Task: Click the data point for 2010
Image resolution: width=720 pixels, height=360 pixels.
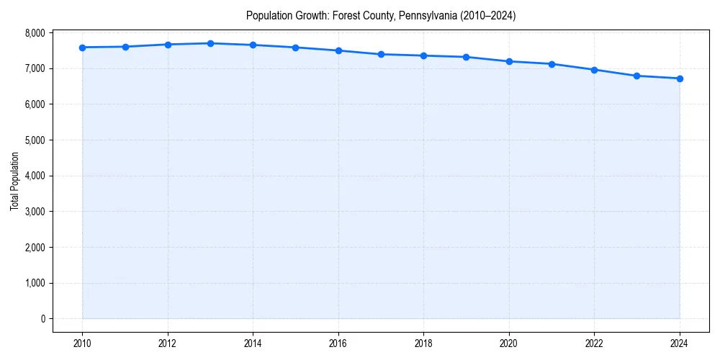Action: click(x=83, y=48)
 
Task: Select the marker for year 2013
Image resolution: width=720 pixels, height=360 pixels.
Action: click(x=210, y=43)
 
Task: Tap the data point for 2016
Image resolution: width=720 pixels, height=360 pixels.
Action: click(x=338, y=50)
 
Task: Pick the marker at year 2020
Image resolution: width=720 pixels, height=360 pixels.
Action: click(x=509, y=61)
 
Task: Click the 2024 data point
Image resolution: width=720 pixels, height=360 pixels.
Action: click(x=680, y=78)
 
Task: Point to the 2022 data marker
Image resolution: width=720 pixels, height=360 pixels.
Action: click(x=594, y=70)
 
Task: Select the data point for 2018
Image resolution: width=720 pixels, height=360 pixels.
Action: click(x=423, y=55)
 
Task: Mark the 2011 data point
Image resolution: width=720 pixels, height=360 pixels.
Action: click(x=125, y=47)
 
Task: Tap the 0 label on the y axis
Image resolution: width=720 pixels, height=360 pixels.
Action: click(x=42, y=319)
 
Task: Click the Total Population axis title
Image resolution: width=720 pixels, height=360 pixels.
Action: click(x=14, y=181)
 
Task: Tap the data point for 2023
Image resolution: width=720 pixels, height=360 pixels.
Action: click(x=637, y=76)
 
